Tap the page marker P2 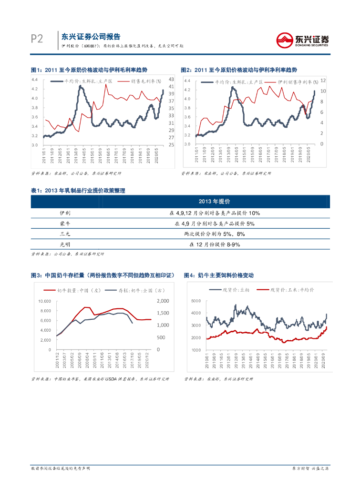click(x=37, y=39)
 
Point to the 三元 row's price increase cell click(x=214, y=234)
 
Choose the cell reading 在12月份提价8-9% click(x=214, y=244)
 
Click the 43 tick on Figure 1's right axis click(x=171, y=79)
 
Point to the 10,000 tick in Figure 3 click(x=44, y=301)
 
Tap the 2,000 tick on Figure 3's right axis click(x=163, y=301)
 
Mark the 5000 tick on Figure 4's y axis click(x=196, y=301)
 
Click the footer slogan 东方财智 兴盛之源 click(x=310, y=469)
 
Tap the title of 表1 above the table click(x=78, y=191)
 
